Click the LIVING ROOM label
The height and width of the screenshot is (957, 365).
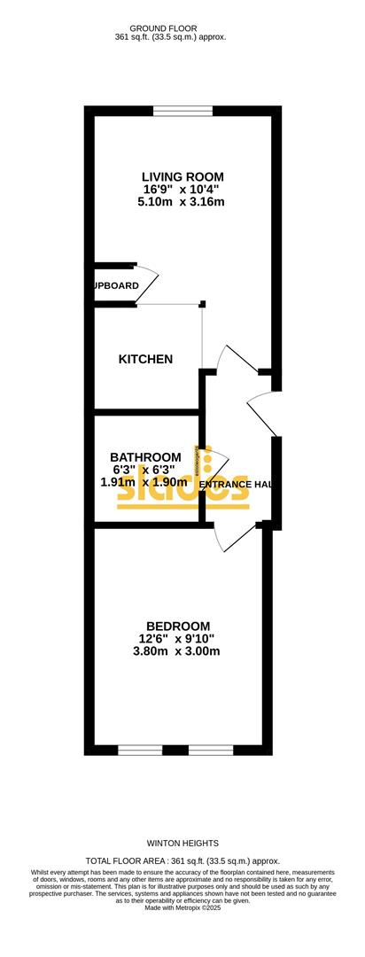click(x=183, y=175)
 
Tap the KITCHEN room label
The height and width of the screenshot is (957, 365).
click(x=145, y=359)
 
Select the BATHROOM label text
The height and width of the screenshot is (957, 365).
click(x=145, y=457)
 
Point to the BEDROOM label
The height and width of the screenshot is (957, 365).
click(x=178, y=626)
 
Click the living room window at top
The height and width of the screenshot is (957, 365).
click(x=182, y=111)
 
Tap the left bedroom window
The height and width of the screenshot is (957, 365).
click(x=140, y=750)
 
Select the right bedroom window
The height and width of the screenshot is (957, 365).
click(x=211, y=750)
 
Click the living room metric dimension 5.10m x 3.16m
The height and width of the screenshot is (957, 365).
click(x=181, y=202)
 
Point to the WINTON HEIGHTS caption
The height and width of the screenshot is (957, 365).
click(x=182, y=844)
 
